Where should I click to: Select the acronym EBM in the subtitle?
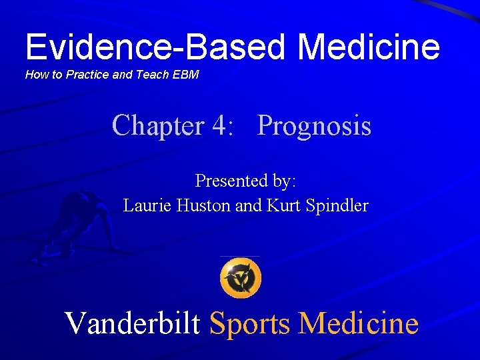click(185, 75)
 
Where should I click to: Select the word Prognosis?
click(314, 125)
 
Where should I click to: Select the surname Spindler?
click(337, 206)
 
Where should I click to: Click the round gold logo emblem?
click(240, 278)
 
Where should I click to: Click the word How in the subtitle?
click(36, 75)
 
